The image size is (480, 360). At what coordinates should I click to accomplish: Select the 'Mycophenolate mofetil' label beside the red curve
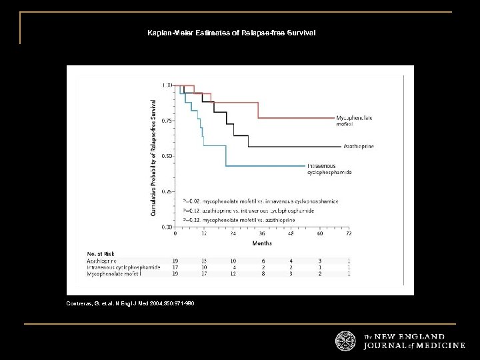pyautogui.click(x=355, y=121)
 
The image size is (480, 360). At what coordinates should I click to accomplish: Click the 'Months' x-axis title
pyautogui.click(x=261, y=243)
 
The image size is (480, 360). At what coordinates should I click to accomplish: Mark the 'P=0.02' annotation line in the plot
pyautogui.click(x=261, y=200)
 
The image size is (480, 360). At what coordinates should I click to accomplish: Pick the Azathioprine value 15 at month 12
pyautogui.click(x=203, y=261)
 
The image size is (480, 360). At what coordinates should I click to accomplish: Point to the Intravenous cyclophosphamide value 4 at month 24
pyautogui.click(x=233, y=267)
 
